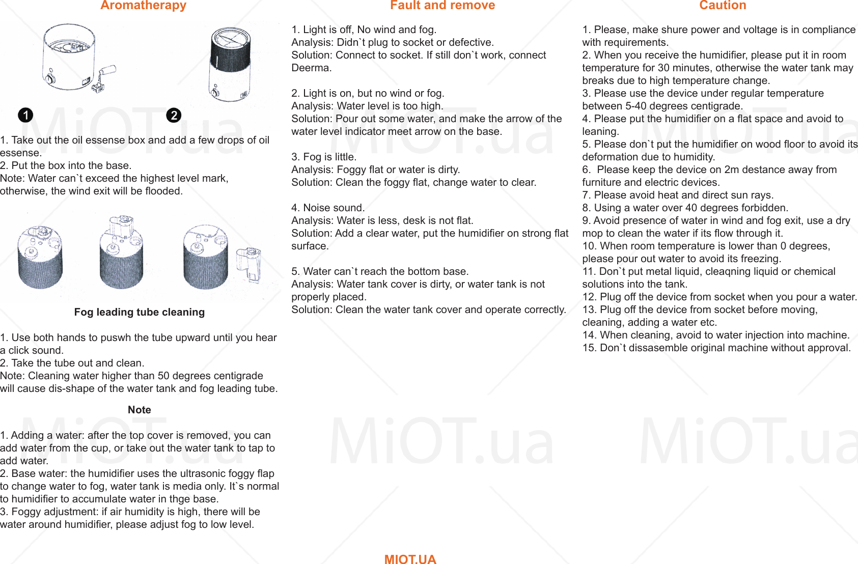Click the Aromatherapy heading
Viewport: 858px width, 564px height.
pos(143,6)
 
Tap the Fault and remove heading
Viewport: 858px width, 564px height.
pos(442,6)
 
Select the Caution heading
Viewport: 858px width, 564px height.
pos(722,6)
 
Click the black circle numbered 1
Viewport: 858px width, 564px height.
pos(25,115)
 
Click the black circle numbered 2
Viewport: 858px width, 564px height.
pos(174,115)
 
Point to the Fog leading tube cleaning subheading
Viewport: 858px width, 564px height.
pos(139,312)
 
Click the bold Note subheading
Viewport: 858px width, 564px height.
pos(139,410)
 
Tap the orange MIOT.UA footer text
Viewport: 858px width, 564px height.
pos(410,559)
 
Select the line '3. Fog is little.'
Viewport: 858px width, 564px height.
pos(324,157)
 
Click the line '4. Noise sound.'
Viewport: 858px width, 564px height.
pos(328,208)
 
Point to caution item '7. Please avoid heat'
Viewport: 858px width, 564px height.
pos(677,195)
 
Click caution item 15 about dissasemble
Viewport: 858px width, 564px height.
pos(716,348)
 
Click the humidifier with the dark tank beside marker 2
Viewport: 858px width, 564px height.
pos(230,65)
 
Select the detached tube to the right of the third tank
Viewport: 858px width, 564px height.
pos(249,264)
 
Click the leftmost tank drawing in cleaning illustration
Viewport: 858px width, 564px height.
pos(40,257)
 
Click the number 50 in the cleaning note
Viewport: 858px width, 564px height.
pos(163,376)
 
